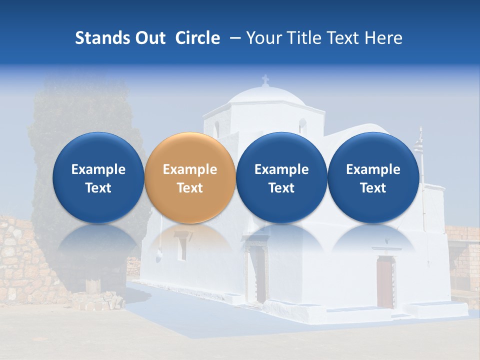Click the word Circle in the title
197,38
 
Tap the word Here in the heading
384,38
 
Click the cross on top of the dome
265,80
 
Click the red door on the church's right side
384,282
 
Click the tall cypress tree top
75,100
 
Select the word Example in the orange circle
190,169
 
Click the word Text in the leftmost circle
98,188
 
